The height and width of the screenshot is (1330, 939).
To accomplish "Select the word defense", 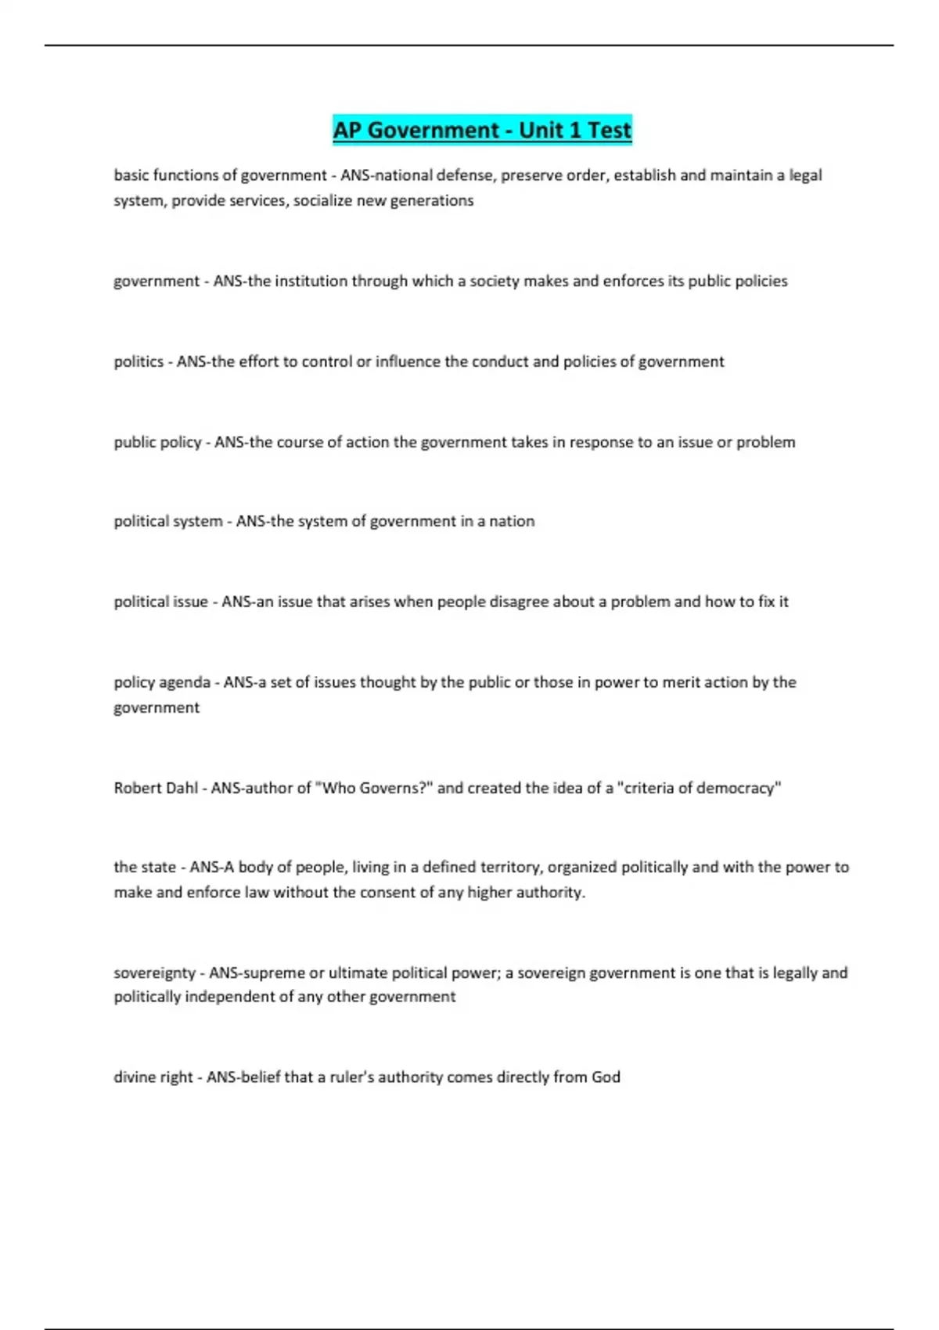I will (466, 175).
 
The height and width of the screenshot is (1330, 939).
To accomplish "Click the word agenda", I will (185, 682).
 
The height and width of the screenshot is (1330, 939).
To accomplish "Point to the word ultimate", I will (357, 972).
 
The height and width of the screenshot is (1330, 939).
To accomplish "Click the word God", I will (606, 1077).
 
